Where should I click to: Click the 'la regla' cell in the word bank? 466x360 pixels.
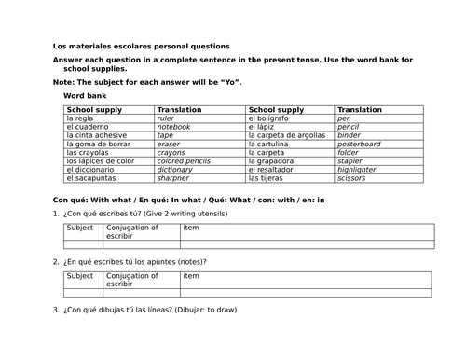81,118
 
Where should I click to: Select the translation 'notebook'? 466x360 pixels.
174,127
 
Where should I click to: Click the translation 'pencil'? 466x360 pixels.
349,127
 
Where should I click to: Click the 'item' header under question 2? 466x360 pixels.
191,275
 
